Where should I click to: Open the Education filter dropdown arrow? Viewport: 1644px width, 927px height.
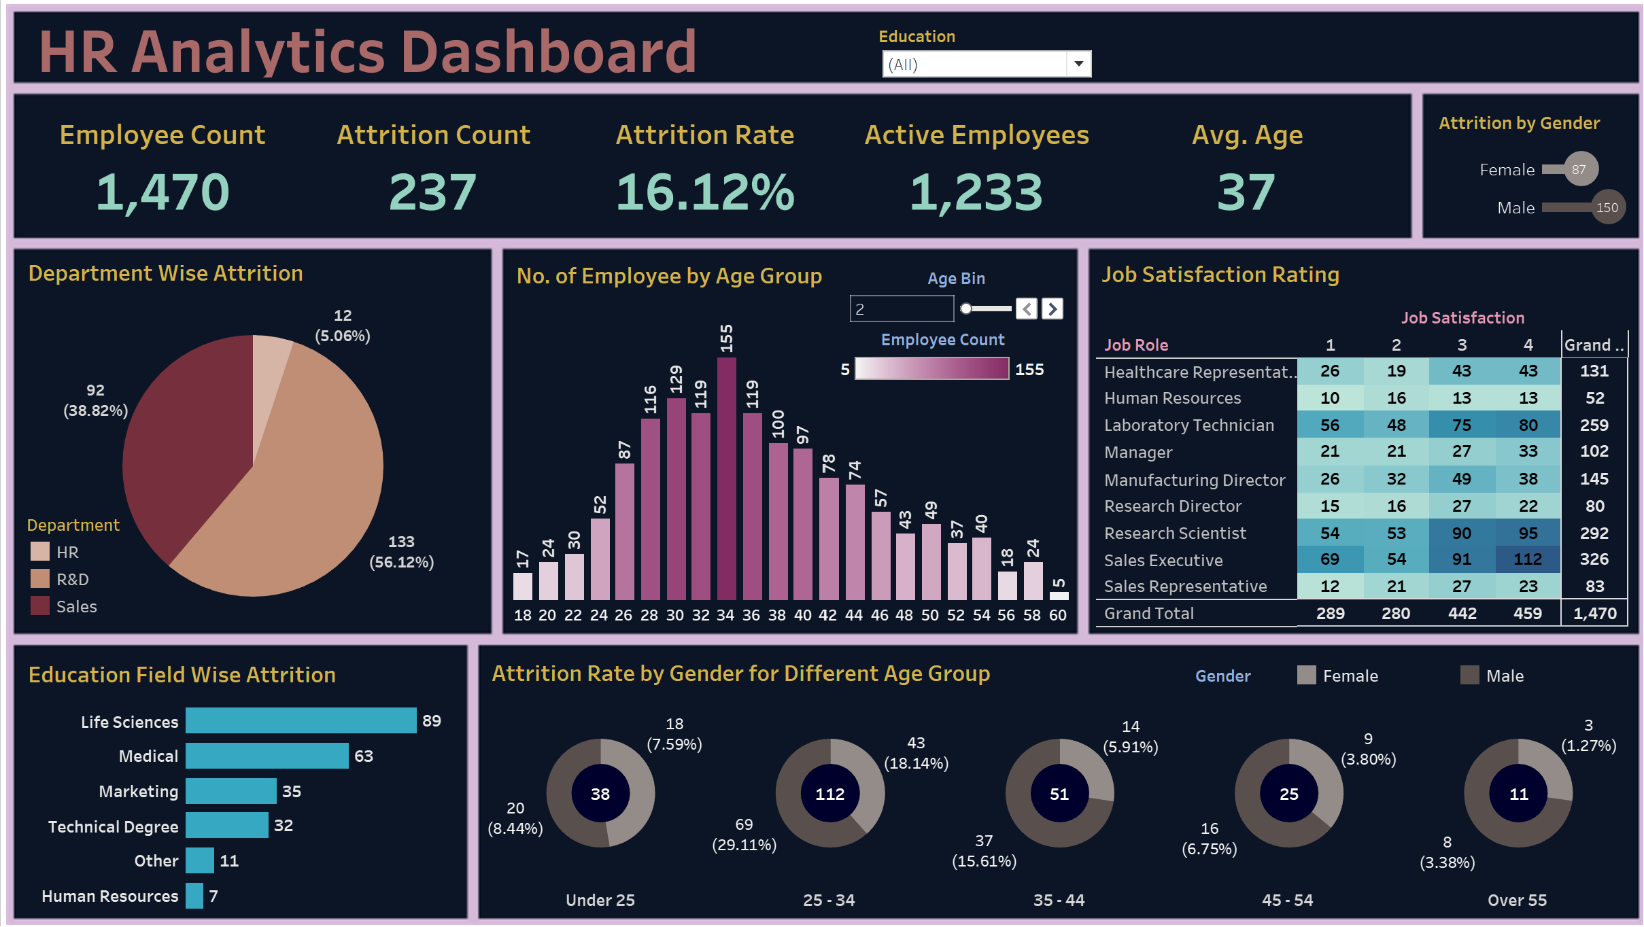(x=1078, y=65)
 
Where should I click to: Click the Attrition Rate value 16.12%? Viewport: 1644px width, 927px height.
(x=705, y=192)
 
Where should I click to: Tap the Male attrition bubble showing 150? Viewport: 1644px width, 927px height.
(x=1608, y=207)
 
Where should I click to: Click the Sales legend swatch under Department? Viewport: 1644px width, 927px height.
(x=40, y=606)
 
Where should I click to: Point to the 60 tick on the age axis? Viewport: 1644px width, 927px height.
(x=1058, y=615)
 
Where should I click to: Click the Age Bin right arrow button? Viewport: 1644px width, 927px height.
(x=1052, y=309)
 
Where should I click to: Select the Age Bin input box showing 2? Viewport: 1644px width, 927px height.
(x=902, y=309)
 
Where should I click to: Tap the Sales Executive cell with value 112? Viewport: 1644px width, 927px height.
(x=1528, y=559)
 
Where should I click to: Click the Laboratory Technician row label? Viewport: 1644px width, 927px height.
(x=1189, y=425)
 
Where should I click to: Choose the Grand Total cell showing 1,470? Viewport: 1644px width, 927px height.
(x=1594, y=614)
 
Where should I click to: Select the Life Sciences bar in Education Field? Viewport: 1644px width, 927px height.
(x=301, y=721)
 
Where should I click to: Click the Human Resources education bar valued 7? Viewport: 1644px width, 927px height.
(x=194, y=896)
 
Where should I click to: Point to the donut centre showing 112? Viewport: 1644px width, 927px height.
(x=829, y=794)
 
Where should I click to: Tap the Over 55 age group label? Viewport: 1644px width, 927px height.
(x=1517, y=900)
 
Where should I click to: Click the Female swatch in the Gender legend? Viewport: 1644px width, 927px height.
(x=1306, y=676)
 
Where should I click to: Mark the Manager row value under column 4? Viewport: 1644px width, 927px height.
(x=1528, y=451)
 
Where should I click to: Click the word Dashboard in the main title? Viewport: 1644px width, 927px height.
(x=549, y=52)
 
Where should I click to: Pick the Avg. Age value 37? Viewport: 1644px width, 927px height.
(x=1246, y=192)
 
